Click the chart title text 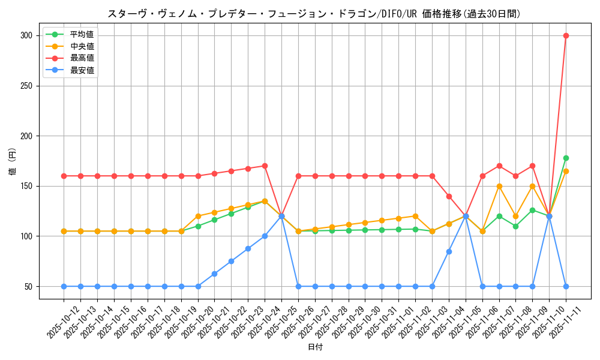click(314, 14)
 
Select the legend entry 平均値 click(82, 34)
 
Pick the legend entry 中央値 click(82, 46)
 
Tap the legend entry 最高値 click(82, 58)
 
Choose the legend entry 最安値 click(82, 70)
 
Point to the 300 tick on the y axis click(26, 35)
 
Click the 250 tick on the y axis click(26, 86)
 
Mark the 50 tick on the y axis click(28, 286)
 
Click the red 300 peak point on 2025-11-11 click(566, 35)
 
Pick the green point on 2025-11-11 click(566, 158)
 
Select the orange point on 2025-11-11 click(566, 171)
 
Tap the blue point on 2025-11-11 click(566, 286)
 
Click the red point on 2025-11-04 click(449, 196)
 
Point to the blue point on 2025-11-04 click(449, 251)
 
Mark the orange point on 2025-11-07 click(499, 186)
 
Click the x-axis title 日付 click(315, 347)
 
